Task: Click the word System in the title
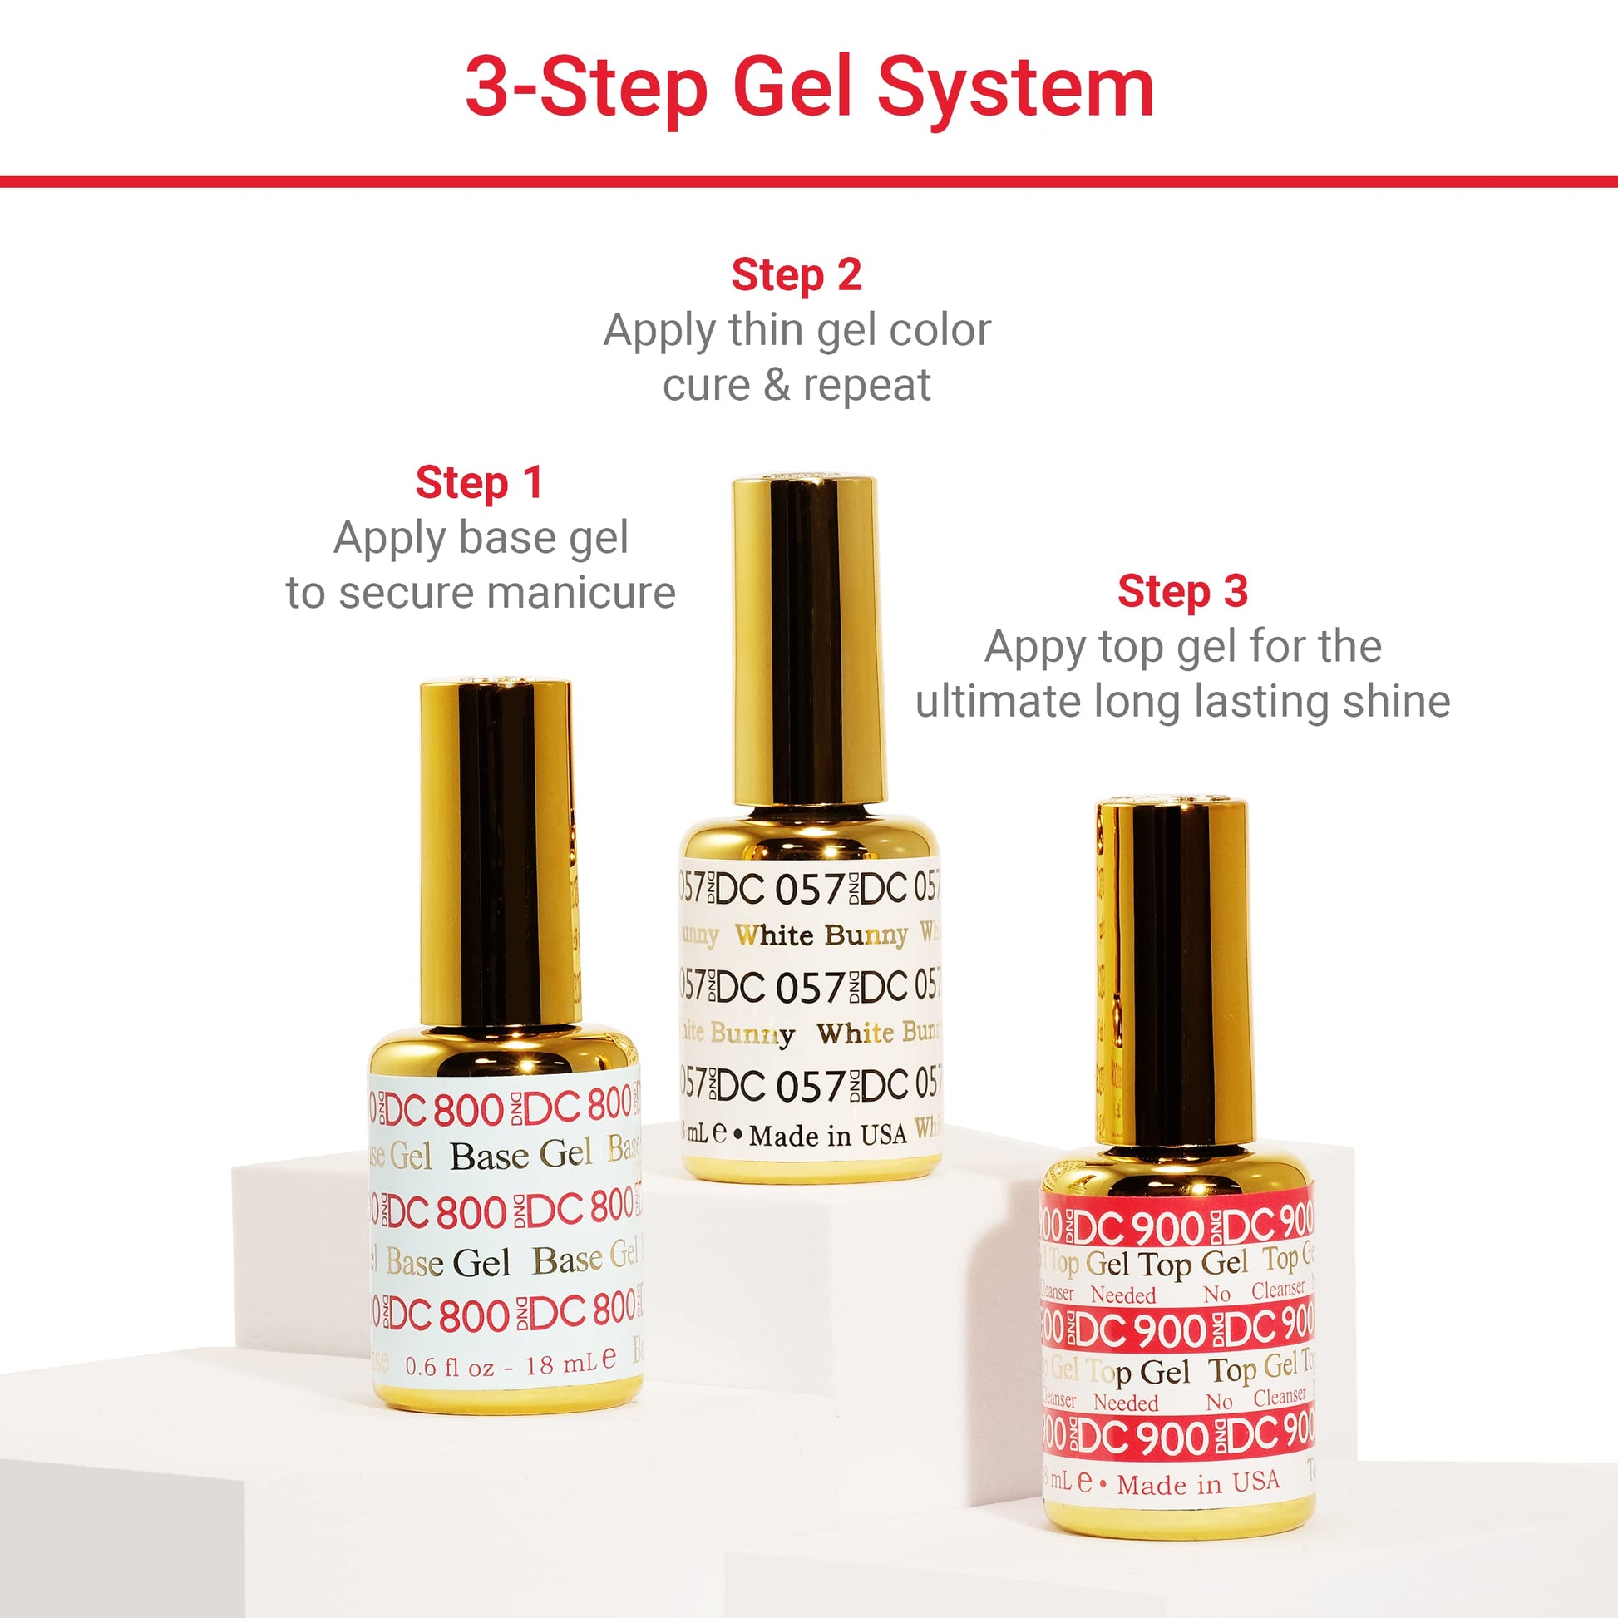[x=1015, y=88]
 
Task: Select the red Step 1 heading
[x=479, y=483]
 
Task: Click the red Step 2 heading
[x=797, y=275]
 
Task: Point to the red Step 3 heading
[x=1182, y=591]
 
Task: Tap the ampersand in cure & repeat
[x=777, y=385]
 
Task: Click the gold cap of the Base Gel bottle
[x=496, y=854]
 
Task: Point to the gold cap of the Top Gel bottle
[x=1171, y=971]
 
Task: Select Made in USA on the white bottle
[x=827, y=1137]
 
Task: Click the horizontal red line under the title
[x=809, y=182]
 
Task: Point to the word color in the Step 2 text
[x=940, y=331]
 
